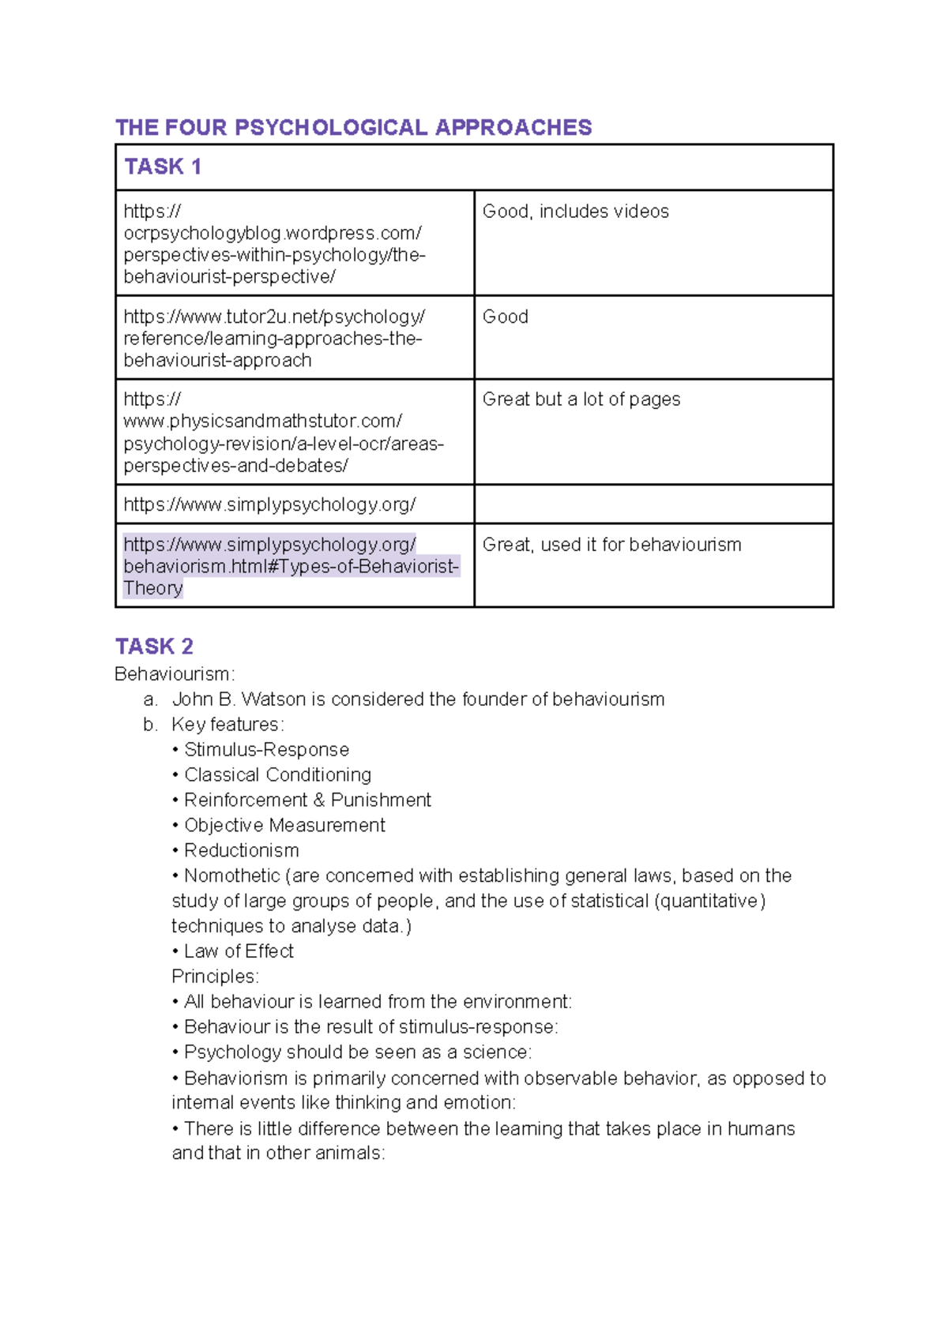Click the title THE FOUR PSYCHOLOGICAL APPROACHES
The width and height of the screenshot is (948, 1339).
(x=353, y=127)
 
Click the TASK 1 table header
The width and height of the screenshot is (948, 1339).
(x=163, y=167)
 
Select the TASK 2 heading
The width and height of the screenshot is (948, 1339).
(x=154, y=647)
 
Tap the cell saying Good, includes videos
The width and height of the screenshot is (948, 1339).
(x=575, y=212)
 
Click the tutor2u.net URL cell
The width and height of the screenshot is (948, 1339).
(x=273, y=338)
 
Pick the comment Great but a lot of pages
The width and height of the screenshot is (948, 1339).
(x=581, y=399)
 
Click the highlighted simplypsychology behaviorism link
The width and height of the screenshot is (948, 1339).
(x=289, y=566)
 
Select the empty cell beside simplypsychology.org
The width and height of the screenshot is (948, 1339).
(x=653, y=504)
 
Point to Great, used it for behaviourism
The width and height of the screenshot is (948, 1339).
(x=611, y=545)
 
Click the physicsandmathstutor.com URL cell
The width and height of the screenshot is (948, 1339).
(x=283, y=432)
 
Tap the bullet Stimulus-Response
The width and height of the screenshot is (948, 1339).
(x=265, y=750)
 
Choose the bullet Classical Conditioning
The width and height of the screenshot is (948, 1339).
(x=276, y=775)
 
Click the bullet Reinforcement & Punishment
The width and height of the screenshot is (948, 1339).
(x=307, y=801)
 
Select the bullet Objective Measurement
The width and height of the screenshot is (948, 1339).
(x=284, y=826)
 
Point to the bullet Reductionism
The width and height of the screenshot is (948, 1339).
(x=241, y=851)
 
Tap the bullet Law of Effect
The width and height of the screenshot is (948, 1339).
(x=238, y=951)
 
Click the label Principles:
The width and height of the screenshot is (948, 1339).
(x=215, y=977)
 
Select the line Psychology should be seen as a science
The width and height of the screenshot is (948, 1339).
(x=357, y=1052)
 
